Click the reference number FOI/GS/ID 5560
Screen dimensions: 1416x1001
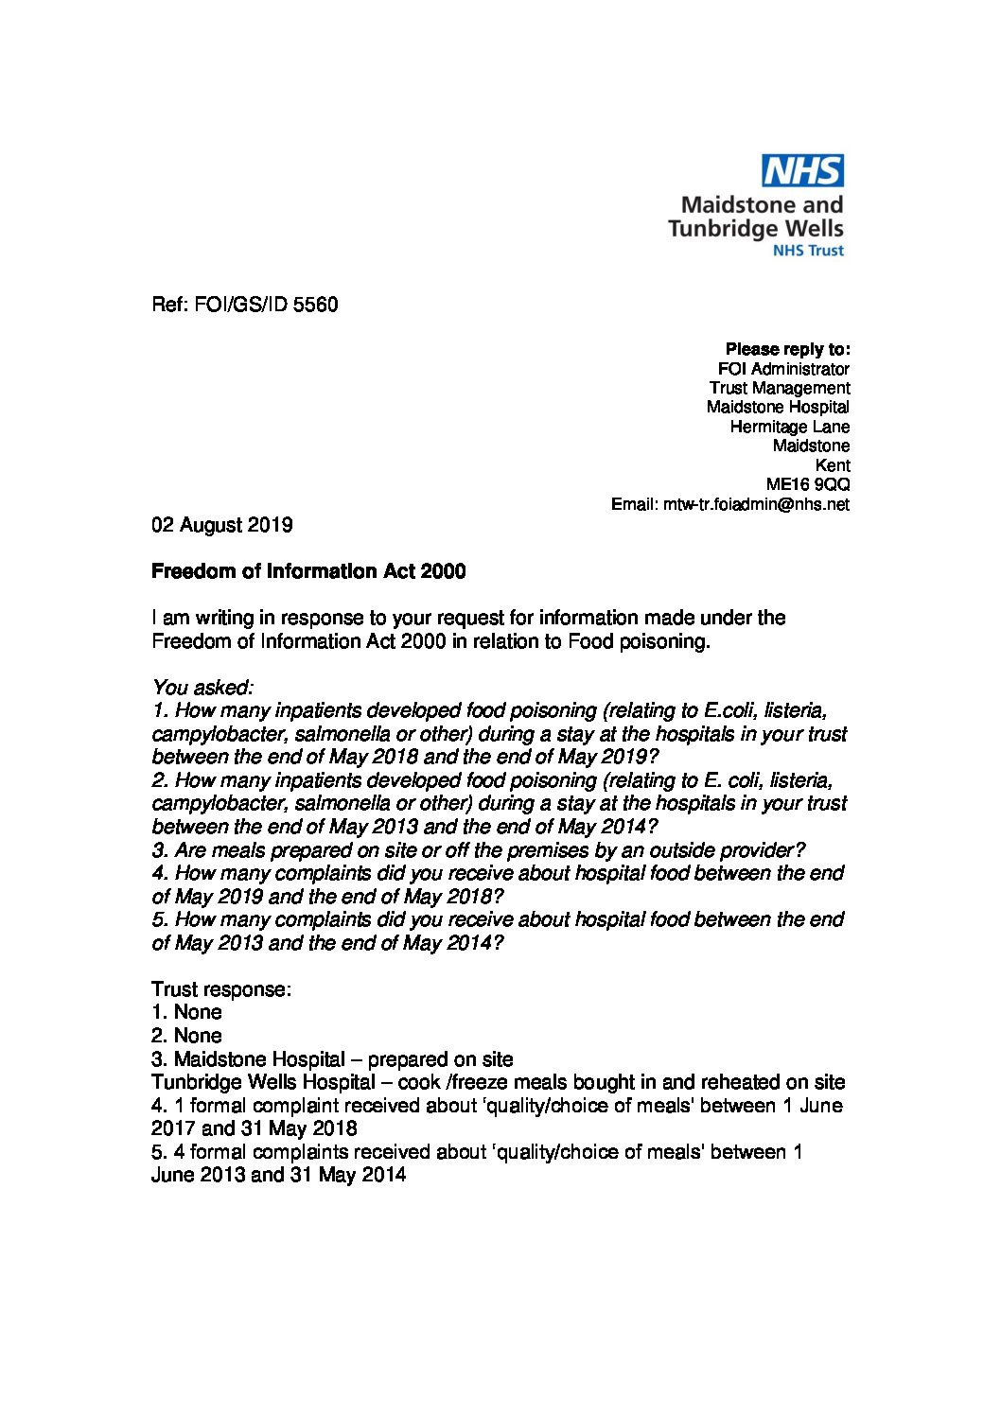click(x=244, y=305)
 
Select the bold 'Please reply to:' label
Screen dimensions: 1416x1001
click(x=787, y=349)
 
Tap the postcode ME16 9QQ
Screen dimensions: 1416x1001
click(x=807, y=484)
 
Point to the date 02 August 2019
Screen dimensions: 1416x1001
click(x=222, y=525)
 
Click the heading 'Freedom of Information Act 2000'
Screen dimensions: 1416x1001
click(x=308, y=571)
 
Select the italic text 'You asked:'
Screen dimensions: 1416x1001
click(x=202, y=688)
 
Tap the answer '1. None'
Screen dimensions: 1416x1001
click(x=186, y=1012)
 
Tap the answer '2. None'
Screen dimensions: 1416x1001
click(x=186, y=1036)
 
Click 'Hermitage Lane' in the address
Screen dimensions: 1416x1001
click(x=789, y=427)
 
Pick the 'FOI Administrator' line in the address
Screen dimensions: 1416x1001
click(x=783, y=369)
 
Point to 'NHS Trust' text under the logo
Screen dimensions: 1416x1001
click(x=808, y=251)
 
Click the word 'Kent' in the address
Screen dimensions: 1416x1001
click(x=832, y=465)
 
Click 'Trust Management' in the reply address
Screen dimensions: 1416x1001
click(x=780, y=388)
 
